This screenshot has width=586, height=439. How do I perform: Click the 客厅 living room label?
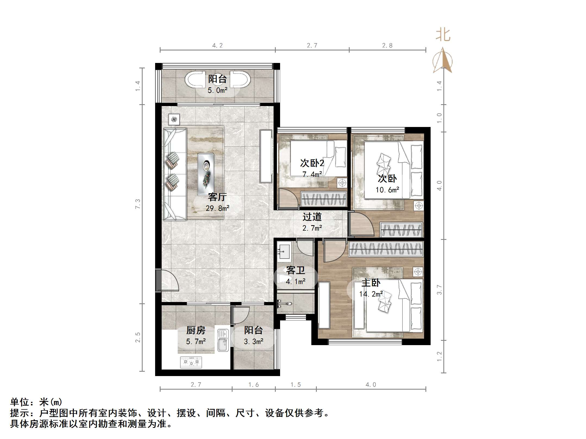click(x=217, y=197)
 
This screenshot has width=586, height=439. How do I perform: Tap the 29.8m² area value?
click(x=217, y=208)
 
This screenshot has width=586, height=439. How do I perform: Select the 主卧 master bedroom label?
click(x=371, y=283)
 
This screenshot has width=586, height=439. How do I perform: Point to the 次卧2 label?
click(x=312, y=163)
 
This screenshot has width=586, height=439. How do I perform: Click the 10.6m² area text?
click(x=387, y=190)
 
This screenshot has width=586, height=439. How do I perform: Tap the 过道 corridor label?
click(x=312, y=217)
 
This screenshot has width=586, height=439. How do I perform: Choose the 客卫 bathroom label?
click(x=295, y=270)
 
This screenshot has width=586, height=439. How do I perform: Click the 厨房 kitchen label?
click(x=196, y=330)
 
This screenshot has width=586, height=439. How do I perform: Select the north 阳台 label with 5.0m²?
click(x=217, y=79)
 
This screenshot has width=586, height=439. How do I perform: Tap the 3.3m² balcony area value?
click(x=253, y=342)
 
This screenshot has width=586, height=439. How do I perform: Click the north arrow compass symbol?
click(x=443, y=61)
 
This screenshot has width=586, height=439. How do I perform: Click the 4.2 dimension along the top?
click(x=217, y=45)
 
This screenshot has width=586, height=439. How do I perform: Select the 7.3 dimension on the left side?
click(x=138, y=204)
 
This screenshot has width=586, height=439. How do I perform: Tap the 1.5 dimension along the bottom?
click(x=295, y=384)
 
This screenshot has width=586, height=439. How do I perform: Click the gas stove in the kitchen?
click(x=191, y=362)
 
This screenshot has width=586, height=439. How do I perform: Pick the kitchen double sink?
click(x=223, y=341)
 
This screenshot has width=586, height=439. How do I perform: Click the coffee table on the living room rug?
click(x=206, y=174)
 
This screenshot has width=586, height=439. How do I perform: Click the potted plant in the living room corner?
click(x=174, y=119)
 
